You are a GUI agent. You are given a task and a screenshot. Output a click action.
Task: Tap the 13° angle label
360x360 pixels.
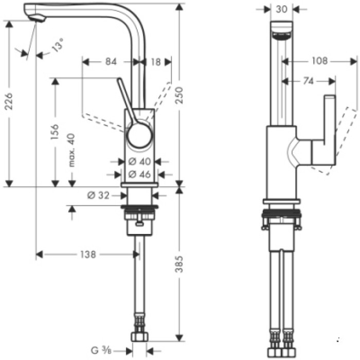click(58, 47)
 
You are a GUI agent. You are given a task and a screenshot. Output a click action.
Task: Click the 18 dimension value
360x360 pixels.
click(156, 62)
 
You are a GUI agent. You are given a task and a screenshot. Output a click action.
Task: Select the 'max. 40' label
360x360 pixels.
click(71, 150)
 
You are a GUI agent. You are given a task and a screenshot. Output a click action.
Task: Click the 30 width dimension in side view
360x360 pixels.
click(280, 8)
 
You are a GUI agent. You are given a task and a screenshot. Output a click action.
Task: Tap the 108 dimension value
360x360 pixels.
click(319, 61)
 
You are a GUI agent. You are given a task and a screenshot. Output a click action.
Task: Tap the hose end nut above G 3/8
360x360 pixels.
click(139, 337)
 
